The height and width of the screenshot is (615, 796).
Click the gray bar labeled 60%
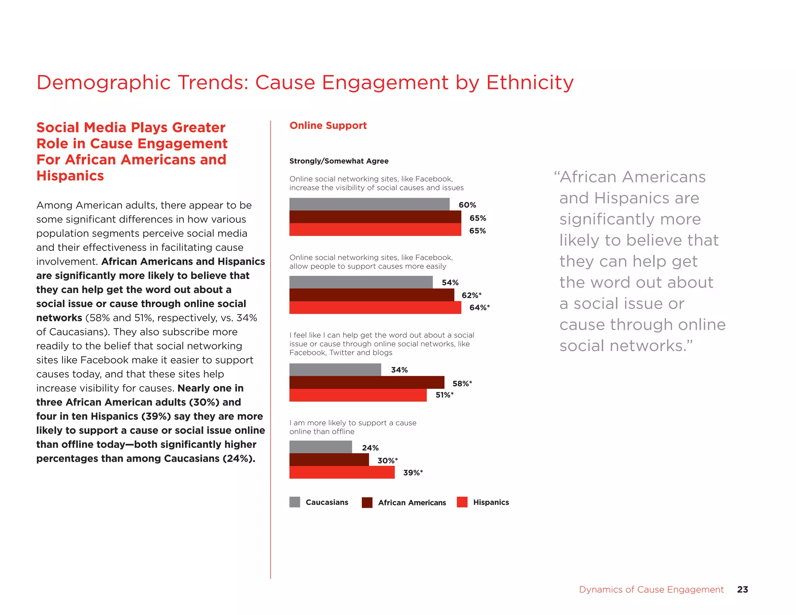tap(369, 204)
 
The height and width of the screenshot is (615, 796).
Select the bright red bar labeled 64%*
tap(375, 307)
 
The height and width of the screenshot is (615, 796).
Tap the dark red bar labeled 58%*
tap(367, 383)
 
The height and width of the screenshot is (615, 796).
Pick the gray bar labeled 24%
tap(321, 447)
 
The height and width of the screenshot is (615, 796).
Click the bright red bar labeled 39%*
tap(342, 472)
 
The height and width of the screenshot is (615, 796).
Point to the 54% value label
tap(450, 283)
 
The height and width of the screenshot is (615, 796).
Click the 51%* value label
tap(444, 395)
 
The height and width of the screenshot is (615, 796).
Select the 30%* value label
tap(388, 461)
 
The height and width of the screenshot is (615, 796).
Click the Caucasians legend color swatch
tap(295, 502)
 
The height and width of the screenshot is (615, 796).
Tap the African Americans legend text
tap(412, 503)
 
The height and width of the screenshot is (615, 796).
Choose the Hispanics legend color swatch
tap(462, 502)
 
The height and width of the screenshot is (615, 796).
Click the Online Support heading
tap(328, 126)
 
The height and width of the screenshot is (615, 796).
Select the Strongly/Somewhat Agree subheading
tap(339, 161)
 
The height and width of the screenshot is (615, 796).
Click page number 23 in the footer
tap(742, 589)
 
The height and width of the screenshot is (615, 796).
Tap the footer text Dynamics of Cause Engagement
tap(651, 590)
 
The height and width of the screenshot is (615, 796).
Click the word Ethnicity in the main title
tap(530, 82)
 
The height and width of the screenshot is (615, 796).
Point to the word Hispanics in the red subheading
tap(70, 176)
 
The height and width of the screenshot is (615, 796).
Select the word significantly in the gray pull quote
tap(630, 219)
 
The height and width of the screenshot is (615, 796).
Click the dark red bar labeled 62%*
tap(372, 295)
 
